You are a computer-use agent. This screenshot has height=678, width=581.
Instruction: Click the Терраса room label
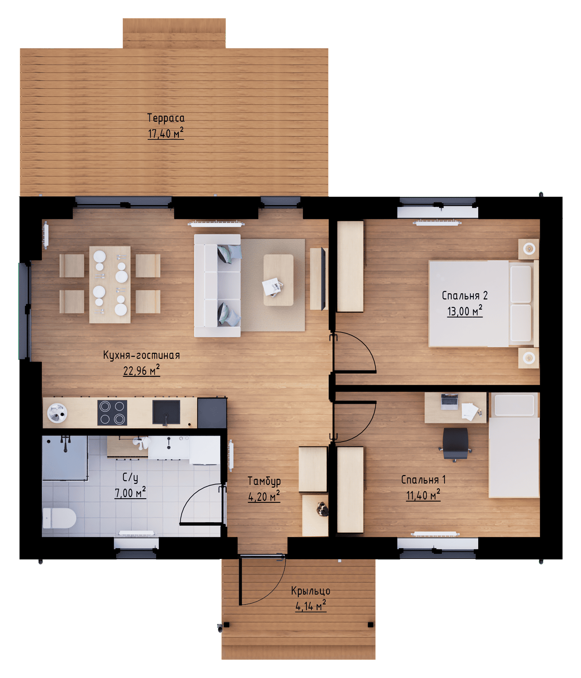coord(166,118)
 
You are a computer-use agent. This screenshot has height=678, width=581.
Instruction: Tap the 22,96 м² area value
coord(141,371)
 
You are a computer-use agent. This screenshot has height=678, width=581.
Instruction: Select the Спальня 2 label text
coord(464,295)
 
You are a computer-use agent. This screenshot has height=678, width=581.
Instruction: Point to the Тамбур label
coord(264,481)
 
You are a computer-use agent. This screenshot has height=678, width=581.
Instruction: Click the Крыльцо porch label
coord(310,591)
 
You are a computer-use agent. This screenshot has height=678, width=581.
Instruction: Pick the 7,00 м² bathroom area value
coord(130,493)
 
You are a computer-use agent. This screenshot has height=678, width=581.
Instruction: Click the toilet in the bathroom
coord(59,518)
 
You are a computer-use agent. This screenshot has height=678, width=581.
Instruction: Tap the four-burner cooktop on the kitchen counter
coord(112,412)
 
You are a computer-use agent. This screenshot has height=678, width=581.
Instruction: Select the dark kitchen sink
coord(166,412)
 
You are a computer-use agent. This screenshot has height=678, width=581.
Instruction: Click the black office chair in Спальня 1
coord(455,444)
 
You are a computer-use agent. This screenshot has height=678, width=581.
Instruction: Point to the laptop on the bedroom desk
coord(449,402)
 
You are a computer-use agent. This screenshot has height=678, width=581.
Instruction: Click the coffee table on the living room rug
coord(278,280)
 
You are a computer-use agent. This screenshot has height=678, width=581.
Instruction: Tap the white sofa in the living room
coord(217,286)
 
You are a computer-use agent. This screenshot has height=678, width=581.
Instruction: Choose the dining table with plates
coord(110,285)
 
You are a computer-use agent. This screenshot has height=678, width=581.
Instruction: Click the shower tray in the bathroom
coord(65,458)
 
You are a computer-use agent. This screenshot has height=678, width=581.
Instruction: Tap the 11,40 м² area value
coord(423,495)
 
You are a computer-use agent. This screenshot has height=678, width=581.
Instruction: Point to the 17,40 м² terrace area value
coord(166,133)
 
